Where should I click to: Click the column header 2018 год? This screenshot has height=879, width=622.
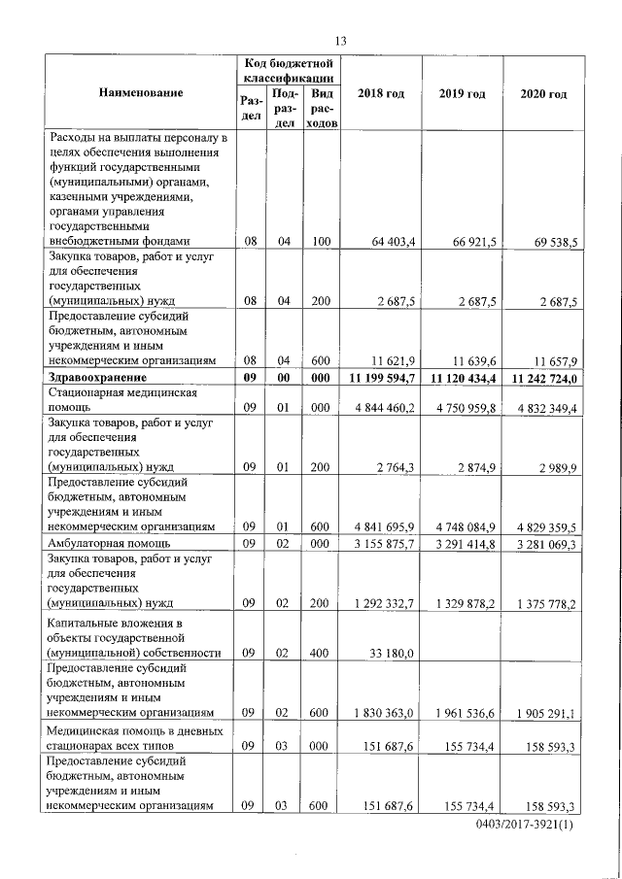pos(381,93)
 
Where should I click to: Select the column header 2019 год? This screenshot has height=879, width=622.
pos(462,93)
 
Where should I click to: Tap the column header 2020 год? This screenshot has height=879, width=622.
pos(543,93)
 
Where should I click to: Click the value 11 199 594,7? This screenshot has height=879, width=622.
pos(380,378)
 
